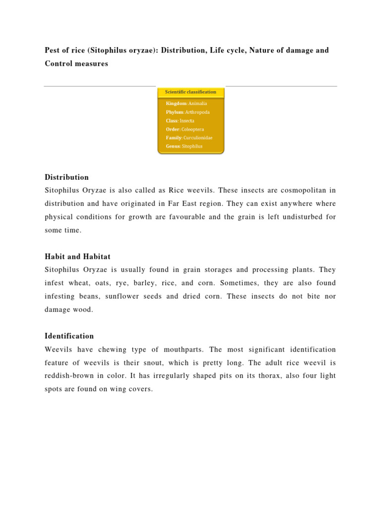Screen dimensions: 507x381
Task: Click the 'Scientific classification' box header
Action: coord(191,92)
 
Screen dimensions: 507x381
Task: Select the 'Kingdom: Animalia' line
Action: coord(187,103)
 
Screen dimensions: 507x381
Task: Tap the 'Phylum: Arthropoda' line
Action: coord(188,112)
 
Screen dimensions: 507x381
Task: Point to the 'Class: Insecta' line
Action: coord(180,121)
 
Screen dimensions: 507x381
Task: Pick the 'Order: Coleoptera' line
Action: coord(186,129)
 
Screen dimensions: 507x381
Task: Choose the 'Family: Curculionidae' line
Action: coord(189,138)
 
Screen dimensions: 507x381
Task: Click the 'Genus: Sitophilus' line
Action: coord(184,147)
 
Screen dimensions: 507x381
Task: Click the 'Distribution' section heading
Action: coord(66,177)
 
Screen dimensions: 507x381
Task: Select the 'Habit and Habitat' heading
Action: coord(77,256)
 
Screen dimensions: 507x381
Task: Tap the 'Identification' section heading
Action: coord(69,336)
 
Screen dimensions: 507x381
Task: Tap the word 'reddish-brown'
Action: coord(70,376)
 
